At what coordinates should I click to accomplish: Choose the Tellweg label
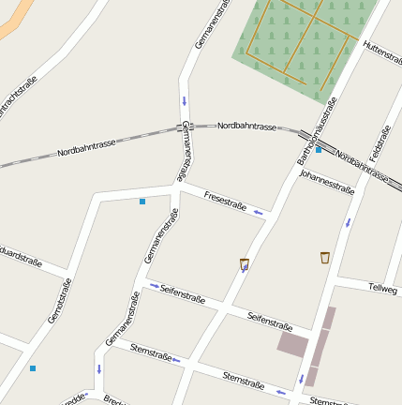(x=382, y=289)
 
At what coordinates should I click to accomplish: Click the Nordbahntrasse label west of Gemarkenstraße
(x=86, y=147)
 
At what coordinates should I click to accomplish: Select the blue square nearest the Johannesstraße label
(x=319, y=150)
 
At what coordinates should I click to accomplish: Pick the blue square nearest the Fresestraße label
(x=142, y=202)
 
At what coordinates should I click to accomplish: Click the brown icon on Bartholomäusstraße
(x=245, y=263)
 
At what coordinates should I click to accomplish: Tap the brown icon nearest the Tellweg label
(x=325, y=257)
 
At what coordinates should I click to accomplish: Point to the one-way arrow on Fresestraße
(x=258, y=214)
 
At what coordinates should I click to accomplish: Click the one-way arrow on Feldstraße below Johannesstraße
(x=348, y=223)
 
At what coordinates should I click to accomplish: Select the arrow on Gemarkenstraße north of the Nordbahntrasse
(x=185, y=100)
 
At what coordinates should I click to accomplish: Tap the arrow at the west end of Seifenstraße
(x=154, y=286)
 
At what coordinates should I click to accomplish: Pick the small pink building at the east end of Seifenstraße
(x=291, y=343)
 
